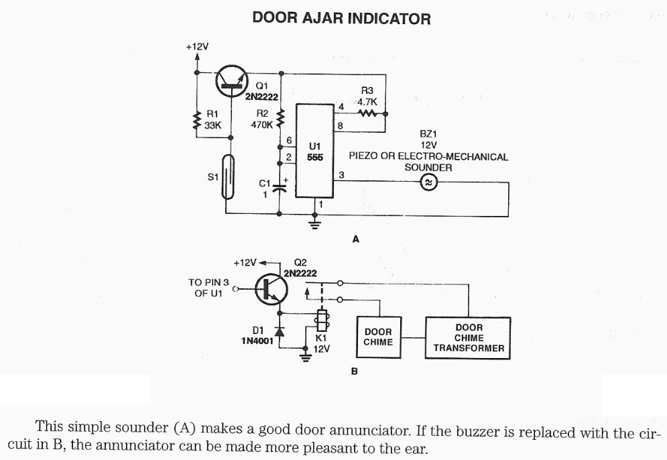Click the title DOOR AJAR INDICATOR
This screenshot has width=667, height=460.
tap(341, 18)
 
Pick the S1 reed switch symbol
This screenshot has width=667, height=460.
tap(229, 176)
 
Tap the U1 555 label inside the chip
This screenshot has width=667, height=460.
tap(315, 151)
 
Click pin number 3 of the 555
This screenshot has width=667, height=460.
tap(341, 175)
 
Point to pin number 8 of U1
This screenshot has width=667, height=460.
tap(341, 125)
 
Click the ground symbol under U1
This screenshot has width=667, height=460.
tap(314, 223)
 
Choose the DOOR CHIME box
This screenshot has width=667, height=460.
tap(378, 337)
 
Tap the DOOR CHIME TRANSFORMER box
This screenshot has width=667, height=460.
tap(469, 338)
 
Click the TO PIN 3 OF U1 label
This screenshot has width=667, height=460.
tap(208, 288)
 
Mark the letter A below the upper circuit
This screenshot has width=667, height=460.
tap(356, 238)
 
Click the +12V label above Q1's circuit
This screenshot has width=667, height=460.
tap(197, 47)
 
